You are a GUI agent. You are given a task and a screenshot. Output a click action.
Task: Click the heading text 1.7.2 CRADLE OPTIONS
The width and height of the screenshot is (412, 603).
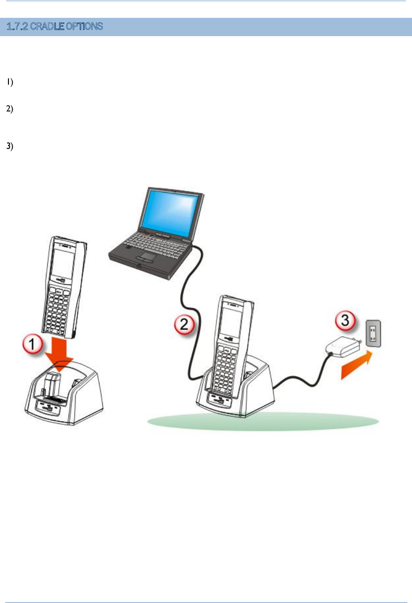[x=54, y=27]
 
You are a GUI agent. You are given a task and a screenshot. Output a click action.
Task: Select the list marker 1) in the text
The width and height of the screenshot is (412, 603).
[x=9, y=83]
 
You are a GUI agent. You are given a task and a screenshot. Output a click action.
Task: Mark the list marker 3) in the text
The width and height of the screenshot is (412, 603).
[x=9, y=146]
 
